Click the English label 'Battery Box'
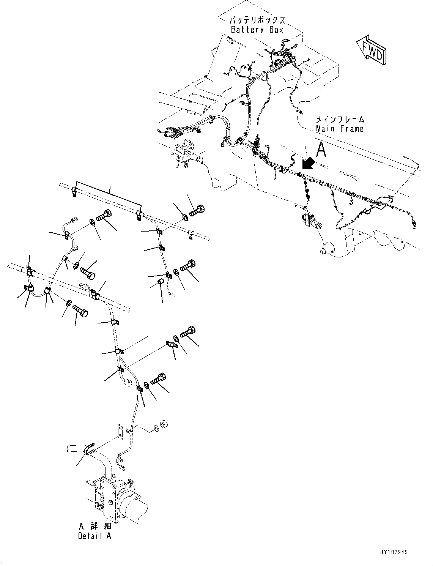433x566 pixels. point(257,30)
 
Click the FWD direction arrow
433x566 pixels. point(372,50)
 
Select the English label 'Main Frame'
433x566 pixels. point(340,129)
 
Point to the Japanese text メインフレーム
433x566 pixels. point(340,120)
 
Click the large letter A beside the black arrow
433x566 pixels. point(321,150)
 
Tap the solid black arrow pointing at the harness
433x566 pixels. point(308,163)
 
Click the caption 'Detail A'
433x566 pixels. point(95,536)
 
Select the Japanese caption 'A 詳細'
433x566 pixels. point(95,527)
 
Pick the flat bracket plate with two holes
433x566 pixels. point(120,431)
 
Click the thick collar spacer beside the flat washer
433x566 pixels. point(165,424)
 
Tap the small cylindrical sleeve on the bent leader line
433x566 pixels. point(160,282)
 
